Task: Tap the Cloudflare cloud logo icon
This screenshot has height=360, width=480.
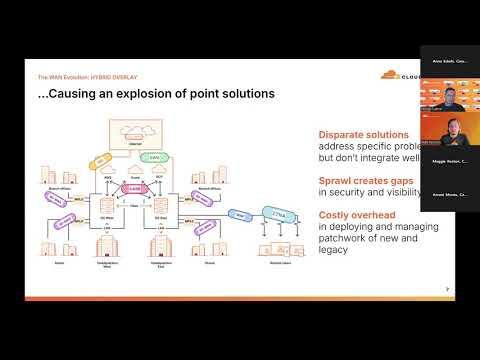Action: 392,72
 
